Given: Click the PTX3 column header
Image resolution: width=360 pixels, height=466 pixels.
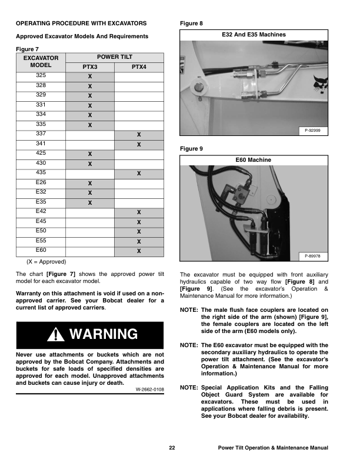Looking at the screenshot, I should [90, 67].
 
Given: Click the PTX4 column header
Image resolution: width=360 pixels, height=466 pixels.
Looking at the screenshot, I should [139, 67].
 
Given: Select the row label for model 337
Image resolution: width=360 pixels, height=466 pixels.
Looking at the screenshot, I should [41, 134].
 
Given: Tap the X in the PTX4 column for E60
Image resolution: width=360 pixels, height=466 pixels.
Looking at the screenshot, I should [139, 251].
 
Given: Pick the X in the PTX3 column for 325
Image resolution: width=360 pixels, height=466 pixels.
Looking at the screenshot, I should [90, 77].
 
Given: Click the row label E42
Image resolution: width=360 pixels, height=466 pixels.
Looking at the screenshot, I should [41, 211].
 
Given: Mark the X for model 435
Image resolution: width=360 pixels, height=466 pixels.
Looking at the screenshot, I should [139, 174].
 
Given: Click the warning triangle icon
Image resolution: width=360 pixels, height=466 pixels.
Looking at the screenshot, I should [58, 335].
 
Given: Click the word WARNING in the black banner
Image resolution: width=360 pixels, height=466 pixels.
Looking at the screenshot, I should [103, 335].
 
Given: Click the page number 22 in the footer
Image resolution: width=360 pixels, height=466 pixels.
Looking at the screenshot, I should [172, 448].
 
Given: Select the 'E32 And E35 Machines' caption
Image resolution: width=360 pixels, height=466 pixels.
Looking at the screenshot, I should [254, 35].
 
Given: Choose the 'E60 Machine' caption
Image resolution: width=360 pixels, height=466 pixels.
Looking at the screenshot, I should [254, 159].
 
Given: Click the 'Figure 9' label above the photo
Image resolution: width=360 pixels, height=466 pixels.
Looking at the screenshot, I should [191, 149].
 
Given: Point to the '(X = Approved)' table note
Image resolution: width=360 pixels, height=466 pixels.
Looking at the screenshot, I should [46, 261].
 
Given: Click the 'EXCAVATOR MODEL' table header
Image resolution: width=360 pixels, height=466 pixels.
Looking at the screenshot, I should [41, 62].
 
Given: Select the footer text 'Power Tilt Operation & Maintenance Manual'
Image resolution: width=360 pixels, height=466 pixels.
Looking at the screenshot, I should [272, 448].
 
